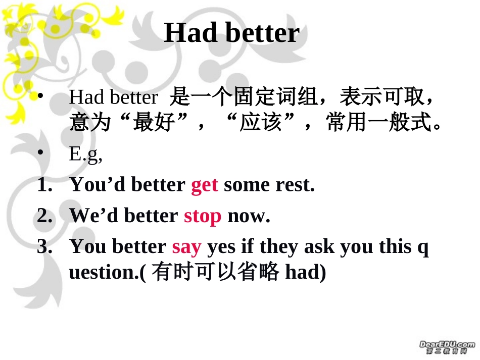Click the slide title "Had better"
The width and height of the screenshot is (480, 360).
(x=232, y=32)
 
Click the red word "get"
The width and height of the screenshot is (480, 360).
(x=205, y=185)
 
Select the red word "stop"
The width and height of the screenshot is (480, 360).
(x=202, y=217)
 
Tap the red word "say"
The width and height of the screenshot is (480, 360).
(x=187, y=247)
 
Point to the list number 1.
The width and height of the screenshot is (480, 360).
(x=44, y=184)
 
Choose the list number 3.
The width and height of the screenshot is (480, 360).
(x=44, y=246)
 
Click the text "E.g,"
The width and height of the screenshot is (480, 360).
(x=86, y=155)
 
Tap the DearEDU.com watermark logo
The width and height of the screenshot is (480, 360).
(x=447, y=347)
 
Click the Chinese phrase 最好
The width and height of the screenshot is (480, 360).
(x=154, y=122)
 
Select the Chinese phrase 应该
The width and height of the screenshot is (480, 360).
(x=261, y=122)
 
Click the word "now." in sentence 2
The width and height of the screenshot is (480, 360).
(x=249, y=216)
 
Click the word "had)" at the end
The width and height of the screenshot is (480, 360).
(x=306, y=272)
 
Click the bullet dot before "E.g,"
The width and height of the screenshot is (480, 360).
(x=40, y=152)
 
